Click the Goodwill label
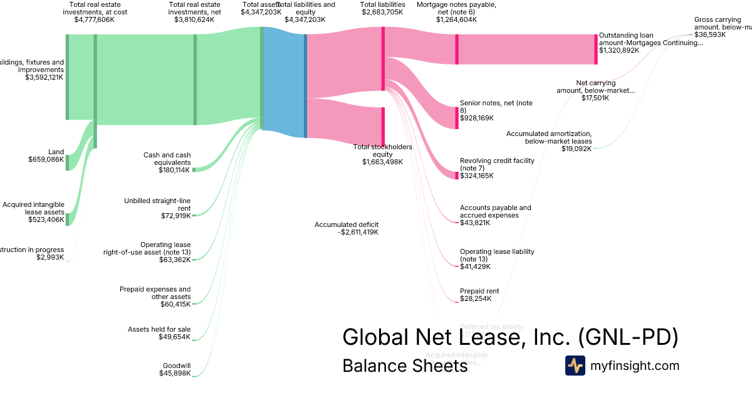tap(177, 365)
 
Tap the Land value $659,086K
tap(46, 160)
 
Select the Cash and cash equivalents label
tap(167, 159)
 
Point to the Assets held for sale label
tap(159, 329)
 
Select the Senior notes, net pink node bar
tap(457, 118)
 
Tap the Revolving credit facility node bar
tap(457, 176)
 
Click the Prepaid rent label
tap(480, 291)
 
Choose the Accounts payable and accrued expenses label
tap(495, 211)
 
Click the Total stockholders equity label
tap(382, 150)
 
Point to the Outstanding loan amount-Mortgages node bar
tap(596, 49)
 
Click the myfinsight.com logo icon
tap(575, 366)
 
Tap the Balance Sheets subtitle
tap(405, 366)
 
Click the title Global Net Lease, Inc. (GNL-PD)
tap(510, 337)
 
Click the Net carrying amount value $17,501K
tap(595, 98)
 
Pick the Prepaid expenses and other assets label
tap(155, 293)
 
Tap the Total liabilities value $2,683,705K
tap(382, 19)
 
